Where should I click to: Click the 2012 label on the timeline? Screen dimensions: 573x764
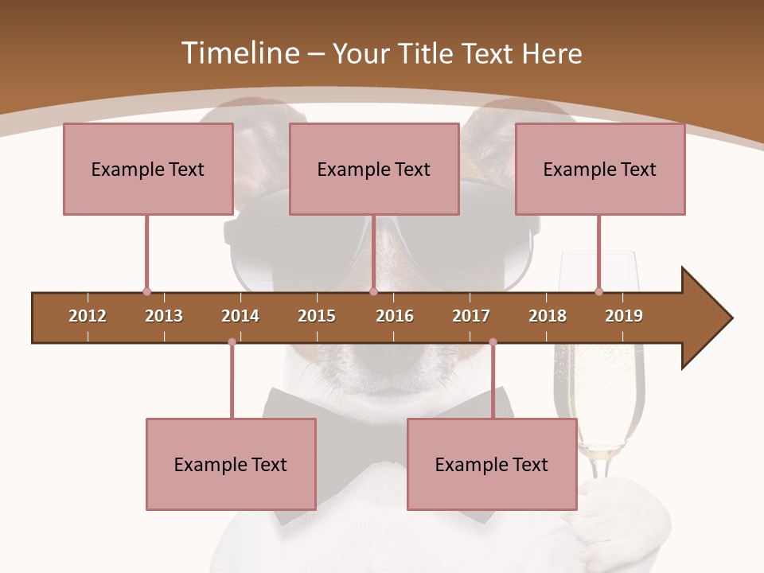coord(88,316)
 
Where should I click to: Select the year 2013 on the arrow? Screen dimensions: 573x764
coord(164,316)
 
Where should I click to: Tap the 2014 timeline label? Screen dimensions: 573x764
coord(240,316)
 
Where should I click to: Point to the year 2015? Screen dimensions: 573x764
coord(317,316)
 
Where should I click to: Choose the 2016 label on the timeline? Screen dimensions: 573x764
coord(395,316)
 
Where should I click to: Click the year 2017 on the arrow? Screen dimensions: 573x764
coord(471,316)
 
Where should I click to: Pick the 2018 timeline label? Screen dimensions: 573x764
coord(548,316)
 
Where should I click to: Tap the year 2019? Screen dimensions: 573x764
coord(624,316)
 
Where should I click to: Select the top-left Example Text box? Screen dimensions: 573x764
coord(148,169)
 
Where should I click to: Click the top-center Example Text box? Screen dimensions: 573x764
coord(374,169)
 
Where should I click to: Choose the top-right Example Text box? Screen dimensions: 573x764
coord(600,169)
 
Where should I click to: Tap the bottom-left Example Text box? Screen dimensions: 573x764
coord(231,464)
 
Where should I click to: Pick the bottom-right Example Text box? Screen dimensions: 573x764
coord(492,464)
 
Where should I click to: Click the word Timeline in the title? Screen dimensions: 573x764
coord(238,53)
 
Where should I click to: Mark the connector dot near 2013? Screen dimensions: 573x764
coord(146,291)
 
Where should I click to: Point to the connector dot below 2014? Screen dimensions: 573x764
coord(232,342)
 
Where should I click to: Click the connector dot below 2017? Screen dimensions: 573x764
coord(493,342)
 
